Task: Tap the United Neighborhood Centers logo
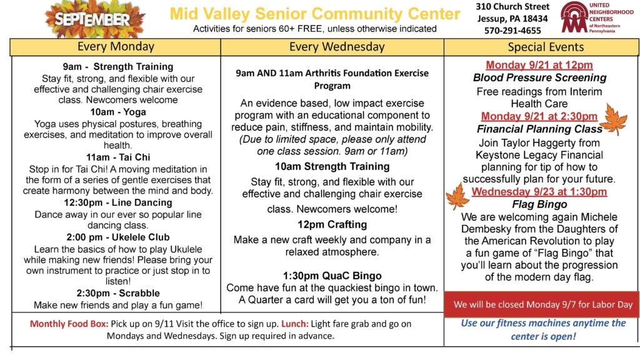(x=597, y=17)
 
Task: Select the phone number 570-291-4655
(x=512, y=31)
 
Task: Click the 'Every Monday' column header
(x=116, y=47)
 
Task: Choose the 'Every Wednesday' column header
(x=337, y=47)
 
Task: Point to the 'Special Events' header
(x=546, y=47)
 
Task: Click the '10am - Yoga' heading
(x=118, y=112)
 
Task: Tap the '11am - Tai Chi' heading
(x=118, y=157)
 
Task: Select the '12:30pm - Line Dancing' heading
(x=118, y=202)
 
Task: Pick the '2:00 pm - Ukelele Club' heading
(x=118, y=237)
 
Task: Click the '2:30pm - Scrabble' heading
(x=118, y=293)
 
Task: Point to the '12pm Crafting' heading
(x=332, y=224)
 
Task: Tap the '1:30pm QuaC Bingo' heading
(x=332, y=276)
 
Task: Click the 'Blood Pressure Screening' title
(x=539, y=77)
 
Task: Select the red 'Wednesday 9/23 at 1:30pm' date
(x=539, y=191)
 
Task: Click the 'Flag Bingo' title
(x=539, y=204)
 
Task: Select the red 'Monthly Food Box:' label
(x=69, y=324)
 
